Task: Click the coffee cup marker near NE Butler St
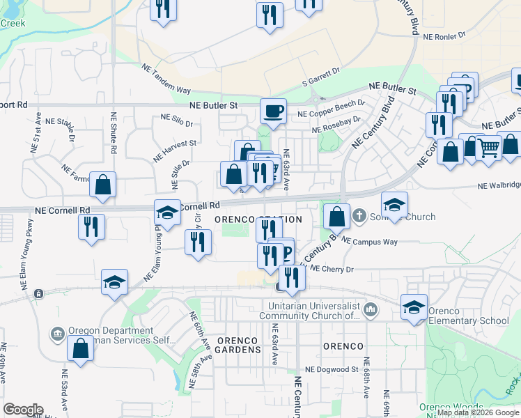pyautogui.click(x=273, y=110)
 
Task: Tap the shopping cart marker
pyautogui.click(x=489, y=147)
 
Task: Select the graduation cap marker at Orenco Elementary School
pyautogui.click(x=414, y=307)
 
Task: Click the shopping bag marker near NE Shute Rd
pyautogui.click(x=103, y=185)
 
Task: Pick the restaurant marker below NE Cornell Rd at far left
pyautogui.click(x=91, y=226)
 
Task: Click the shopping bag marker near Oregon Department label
pyautogui.click(x=80, y=348)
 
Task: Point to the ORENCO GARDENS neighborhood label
pyautogui.click(x=238, y=346)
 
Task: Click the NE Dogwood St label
pyautogui.click(x=331, y=370)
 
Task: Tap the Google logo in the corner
pyautogui.click(x=23, y=409)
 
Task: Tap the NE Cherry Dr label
pyautogui.click(x=332, y=268)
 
